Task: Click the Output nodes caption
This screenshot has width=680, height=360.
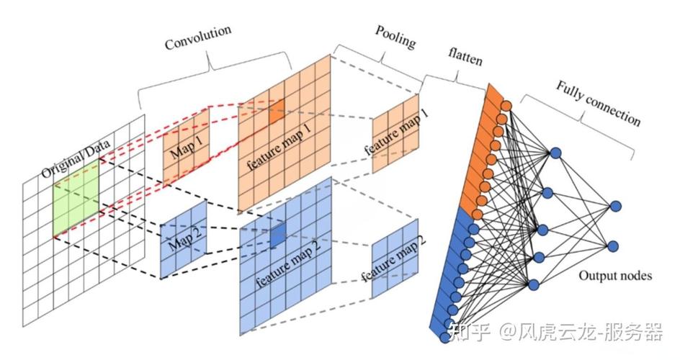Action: pos(615,275)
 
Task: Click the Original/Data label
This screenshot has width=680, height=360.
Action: pos(75,161)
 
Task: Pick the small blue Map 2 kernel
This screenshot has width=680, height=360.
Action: pos(183,238)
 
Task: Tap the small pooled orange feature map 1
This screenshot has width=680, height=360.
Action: pos(395,134)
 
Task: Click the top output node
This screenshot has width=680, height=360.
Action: pos(615,207)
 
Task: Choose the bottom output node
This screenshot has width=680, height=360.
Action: pos(613,246)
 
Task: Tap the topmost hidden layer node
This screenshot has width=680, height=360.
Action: pos(555,153)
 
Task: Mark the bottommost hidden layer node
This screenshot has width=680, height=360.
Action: pos(534,284)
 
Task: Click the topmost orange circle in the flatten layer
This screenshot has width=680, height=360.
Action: pos(506,106)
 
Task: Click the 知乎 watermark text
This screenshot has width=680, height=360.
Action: pos(469,332)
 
